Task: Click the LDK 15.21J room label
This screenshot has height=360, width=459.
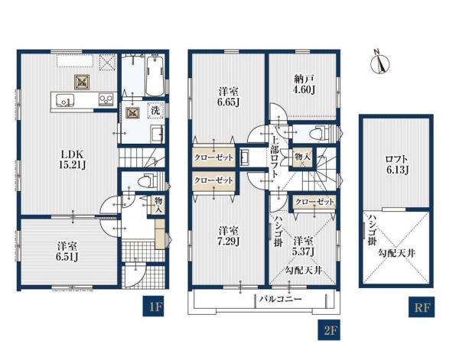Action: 73,160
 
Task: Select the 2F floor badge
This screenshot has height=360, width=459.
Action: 329,330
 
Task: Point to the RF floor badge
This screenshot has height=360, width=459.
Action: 422,306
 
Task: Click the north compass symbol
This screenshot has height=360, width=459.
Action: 379,63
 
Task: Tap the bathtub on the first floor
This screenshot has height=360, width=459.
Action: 155,76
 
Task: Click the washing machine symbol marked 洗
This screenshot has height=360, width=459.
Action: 155,111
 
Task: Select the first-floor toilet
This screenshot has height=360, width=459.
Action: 148,180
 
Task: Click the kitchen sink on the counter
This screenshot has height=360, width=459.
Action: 64,99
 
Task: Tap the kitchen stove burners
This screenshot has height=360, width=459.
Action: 105,99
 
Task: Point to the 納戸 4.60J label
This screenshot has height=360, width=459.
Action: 304,84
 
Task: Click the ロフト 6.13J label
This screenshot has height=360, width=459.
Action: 397,164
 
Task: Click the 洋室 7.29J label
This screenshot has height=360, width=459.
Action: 229,236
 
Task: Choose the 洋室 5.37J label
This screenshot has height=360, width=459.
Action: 304,247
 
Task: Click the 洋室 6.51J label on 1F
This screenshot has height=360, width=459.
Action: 67,251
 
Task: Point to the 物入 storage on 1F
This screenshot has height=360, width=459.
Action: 158,204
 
